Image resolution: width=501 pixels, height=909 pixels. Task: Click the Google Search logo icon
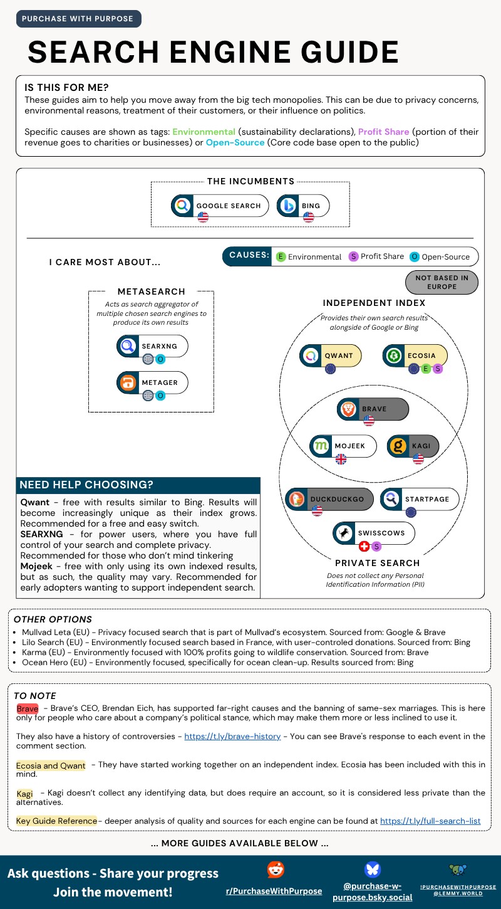pos(182,205)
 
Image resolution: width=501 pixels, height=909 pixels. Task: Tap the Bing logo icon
pos(288,205)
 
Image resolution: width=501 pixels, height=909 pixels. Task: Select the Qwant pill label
pos(338,355)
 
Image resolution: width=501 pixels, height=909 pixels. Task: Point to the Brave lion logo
pos(348,409)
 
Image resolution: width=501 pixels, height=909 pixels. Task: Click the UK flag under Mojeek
pos(341,459)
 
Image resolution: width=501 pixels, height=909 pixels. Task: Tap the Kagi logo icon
pos(398,446)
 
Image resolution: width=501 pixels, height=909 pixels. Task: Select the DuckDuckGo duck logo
pos(297,499)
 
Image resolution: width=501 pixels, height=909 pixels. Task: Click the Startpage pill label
pos(426,499)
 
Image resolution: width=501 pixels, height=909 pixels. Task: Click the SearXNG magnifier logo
pos(128,345)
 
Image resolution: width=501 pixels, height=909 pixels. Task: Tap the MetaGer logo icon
pos(128,382)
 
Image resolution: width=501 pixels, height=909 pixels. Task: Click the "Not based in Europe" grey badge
pos(442,283)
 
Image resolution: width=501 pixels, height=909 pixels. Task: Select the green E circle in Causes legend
pos(281,256)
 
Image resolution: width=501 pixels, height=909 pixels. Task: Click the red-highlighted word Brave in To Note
pos(28,708)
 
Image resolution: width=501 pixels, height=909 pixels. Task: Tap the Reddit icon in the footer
pos(275,870)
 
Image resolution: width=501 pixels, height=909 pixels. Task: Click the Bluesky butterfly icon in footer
pos(372,870)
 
